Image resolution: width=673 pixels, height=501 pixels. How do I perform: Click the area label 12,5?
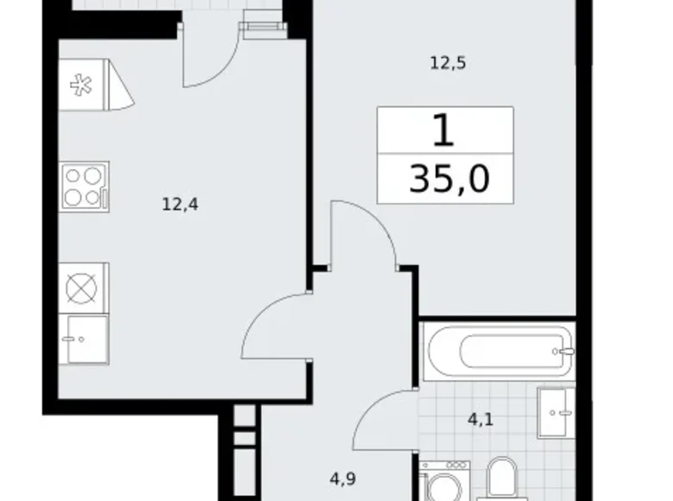point(448,62)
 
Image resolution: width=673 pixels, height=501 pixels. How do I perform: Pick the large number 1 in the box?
point(443,131)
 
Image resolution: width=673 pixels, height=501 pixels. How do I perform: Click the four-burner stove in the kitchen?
point(83,187)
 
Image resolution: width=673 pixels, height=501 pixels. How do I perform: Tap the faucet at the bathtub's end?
point(566,352)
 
